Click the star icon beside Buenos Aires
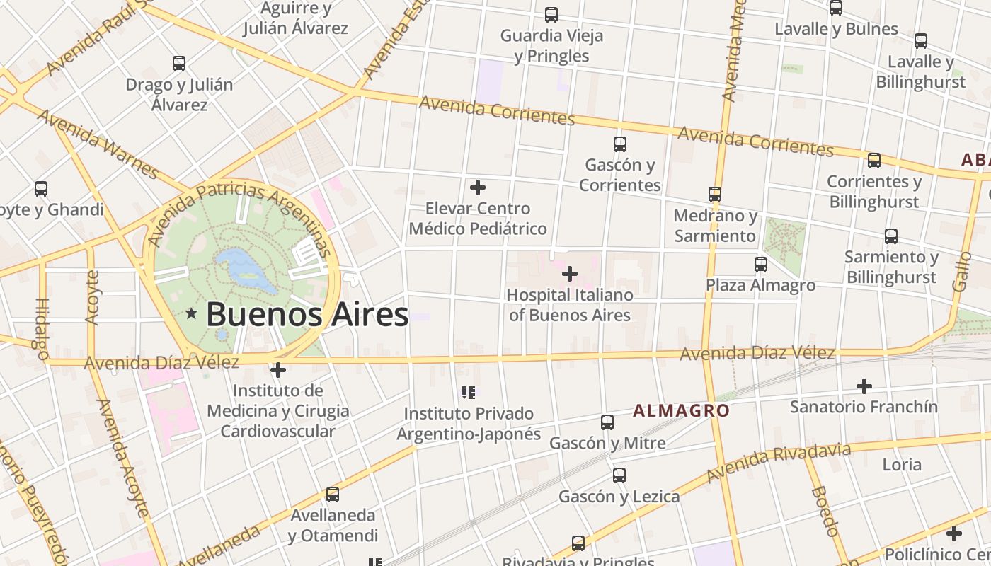click(x=191, y=313)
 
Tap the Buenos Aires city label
click(x=307, y=315)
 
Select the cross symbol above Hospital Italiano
click(x=569, y=273)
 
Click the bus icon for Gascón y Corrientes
click(x=620, y=144)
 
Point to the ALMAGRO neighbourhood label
click(x=681, y=410)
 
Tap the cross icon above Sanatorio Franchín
click(x=864, y=386)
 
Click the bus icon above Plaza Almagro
click(x=761, y=265)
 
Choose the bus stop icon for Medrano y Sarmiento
click(x=715, y=194)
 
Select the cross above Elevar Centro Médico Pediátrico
click(x=478, y=187)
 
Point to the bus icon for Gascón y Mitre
click(x=607, y=422)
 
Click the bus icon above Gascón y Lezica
click(x=619, y=475)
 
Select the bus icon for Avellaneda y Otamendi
click(x=333, y=494)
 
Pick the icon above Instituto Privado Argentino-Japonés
click(x=468, y=391)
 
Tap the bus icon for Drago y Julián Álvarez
click(x=179, y=64)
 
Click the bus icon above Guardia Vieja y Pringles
click(x=551, y=14)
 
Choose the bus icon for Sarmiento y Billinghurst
click(x=891, y=236)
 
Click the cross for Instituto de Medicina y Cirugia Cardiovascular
click(x=278, y=369)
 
